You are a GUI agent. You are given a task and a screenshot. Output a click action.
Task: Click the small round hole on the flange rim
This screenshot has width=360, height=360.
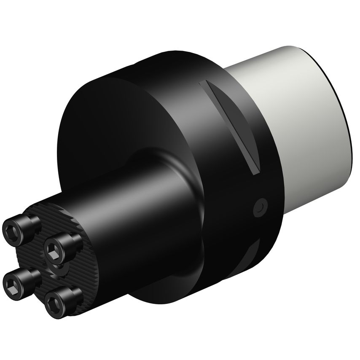click(x=259, y=206)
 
